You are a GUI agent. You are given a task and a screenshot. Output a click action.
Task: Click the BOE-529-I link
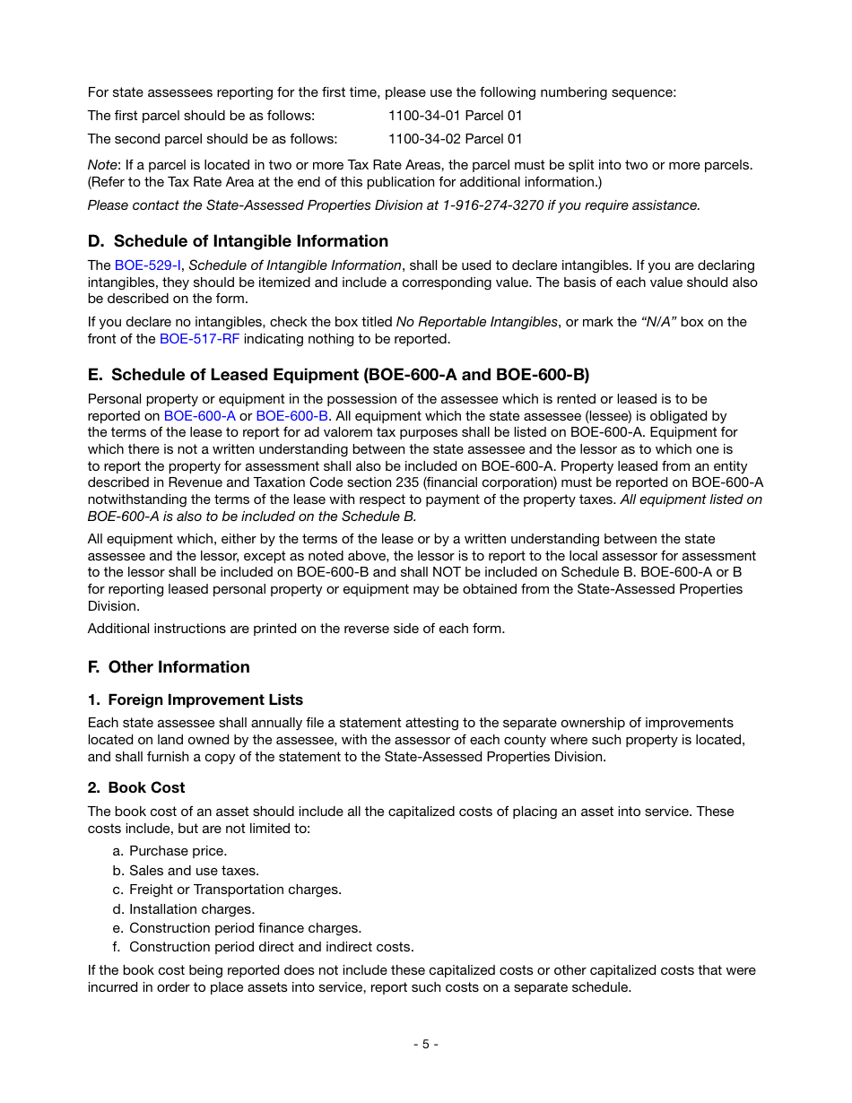pyautogui.click(x=147, y=265)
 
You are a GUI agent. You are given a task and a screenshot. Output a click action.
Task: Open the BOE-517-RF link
pyautogui.click(x=199, y=339)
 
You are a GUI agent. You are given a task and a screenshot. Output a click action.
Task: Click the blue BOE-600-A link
pyautogui.click(x=199, y=416)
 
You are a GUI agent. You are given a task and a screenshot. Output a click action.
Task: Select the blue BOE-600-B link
pyautogui.click(x=291, y=416)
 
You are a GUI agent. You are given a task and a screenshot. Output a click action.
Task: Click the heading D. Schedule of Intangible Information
pyautogui.click(x=238, y=241)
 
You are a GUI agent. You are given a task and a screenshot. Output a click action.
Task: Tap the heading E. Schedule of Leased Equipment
pyautogui.click(x=338, y=374)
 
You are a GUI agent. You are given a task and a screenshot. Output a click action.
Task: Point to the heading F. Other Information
pyautogui.click(x=169, y=667)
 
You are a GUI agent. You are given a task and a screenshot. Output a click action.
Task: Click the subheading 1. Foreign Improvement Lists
pyautogui.click(x=196, y=700)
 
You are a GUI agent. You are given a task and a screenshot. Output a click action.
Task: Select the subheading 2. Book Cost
pyautogui.click(x=136, y=788)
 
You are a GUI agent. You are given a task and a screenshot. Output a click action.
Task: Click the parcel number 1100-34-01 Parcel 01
pyautogui.click(x=455, y=116)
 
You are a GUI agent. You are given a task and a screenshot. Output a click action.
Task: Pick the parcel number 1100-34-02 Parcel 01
pyautogui.click(x=455, y=139)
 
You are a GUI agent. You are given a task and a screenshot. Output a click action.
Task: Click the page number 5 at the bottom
pyautogui.click(x=426, y=1044)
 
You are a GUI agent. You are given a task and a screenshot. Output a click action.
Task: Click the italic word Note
pyautogui.click(x=102, y=165)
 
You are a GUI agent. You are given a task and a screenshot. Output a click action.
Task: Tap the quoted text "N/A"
pyautogui.click(x=654, y=322)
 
